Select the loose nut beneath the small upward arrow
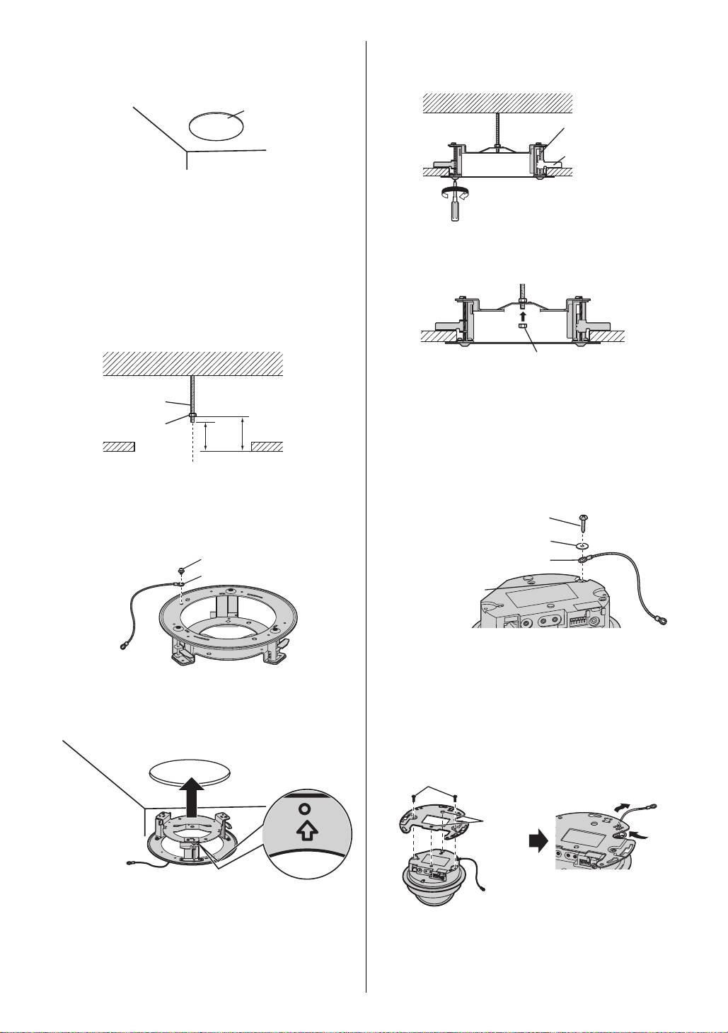click(521, 326)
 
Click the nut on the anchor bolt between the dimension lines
click(192, 416)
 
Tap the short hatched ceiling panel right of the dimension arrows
click(267, 446)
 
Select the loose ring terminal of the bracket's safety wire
click(124, 646)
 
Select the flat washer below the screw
click(582, 545)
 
